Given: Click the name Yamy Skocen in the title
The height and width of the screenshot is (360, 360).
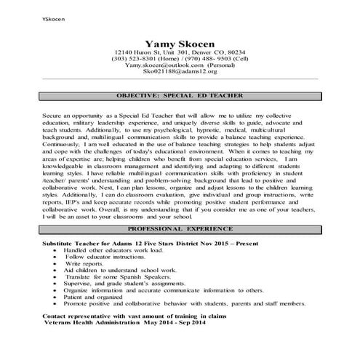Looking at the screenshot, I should pos(180,44).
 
